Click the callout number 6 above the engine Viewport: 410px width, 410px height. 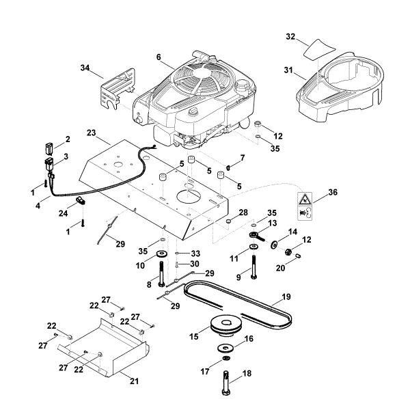click(x=158, y=58)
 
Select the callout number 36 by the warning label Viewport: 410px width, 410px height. click(x=333, y=193)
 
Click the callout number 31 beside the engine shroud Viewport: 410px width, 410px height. click(x=287, y=69)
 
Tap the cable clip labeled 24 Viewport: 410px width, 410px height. click(x=80, y=200)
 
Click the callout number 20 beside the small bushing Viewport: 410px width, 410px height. click(x=281, y=269)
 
